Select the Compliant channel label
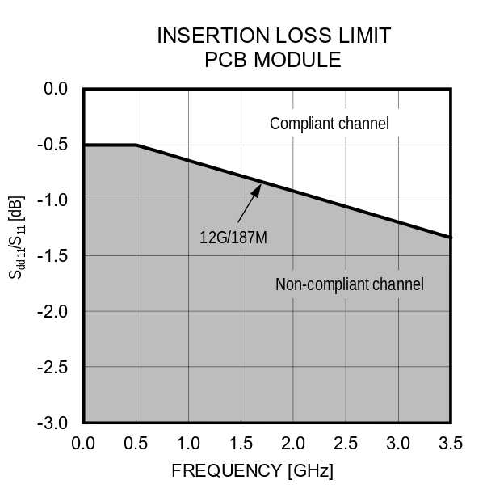coord(330,124)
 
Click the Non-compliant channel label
coord(349,284)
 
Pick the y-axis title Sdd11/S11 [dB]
coord(17,238)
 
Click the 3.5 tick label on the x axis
coord(451,443)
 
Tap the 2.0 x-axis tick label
coord(293,443)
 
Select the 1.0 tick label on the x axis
coord(188,443)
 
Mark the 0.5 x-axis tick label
coord(136,443)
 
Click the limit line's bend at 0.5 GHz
coord(136,145)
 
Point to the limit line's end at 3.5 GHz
coord(450,238)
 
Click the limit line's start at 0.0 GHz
coord(84,145)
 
